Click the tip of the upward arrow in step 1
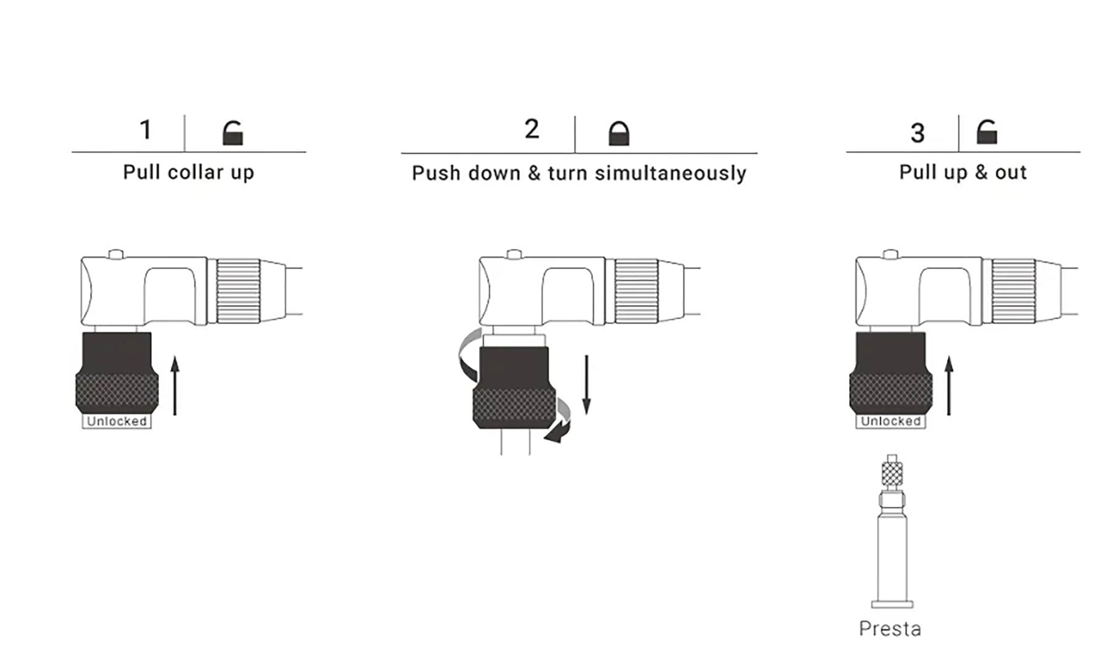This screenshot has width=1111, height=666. pyautogui.click(x=175, y=356)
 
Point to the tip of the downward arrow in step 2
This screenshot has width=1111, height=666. pyautogui.click(x=586, y=414)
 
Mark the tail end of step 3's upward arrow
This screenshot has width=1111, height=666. pyautogui.click(x=949, y=415)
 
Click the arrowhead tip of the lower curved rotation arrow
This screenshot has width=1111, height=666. pyautogui.click(x=544, y=439)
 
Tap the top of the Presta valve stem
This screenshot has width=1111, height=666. pyautogui.click(x=891, y=456)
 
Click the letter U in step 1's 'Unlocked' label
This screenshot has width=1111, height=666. pyautogui.click(x=91, y=422)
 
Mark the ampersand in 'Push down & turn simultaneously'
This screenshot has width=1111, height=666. pyautogui.click(x=534, y=173)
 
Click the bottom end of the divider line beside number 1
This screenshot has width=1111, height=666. pyautogui.click(x=185, y=151)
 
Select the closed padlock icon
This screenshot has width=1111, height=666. pyautogui.click(x=619, y=133)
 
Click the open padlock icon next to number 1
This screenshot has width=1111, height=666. pyautogui.click(x=233, y=133)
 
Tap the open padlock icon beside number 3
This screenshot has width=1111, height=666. pyautogui.click(x=986, y=131)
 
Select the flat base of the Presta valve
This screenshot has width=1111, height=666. pyautogui.click(x=892, y=604)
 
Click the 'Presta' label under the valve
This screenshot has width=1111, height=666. pyautogui.click(x=890, y=629)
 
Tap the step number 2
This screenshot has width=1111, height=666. pyautogui.click(x=532, y=129)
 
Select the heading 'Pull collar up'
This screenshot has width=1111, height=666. pyautogui.click(x=188, y=172)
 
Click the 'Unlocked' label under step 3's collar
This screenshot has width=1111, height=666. pyautogui.click(x=891, y=421)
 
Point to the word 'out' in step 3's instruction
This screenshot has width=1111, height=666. pyautogui.click(x=1010, y=173)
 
